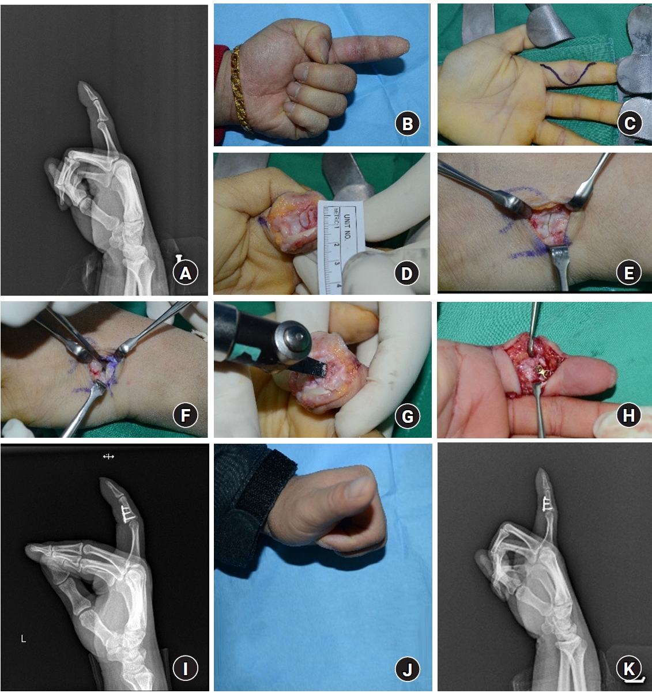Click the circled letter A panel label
pyautogui.click(x=186, y=273)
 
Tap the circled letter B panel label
pyautogui.click(x=407, y=123)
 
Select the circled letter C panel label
pyautogui.click(x=630, y=123)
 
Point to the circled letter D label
pyautogui.click(x=407, y=273)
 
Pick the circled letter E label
pyautogui.click(x=630, y=272)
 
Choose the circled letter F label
pyautogui.click(x=186, y=415)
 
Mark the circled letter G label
pyautogui.click(x=407, y=415)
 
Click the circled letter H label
pyautogui.click(x=630, y=415)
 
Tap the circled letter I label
pyautogui.click(x=186, y=669)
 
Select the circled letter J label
pyautogui.click(x=407, y=669)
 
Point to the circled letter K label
pyautogui.click(x=630, y=669)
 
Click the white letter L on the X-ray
pyautogui.click(x=24, y=639)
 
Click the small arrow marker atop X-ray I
pyautogui.click(x=108, y=456)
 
